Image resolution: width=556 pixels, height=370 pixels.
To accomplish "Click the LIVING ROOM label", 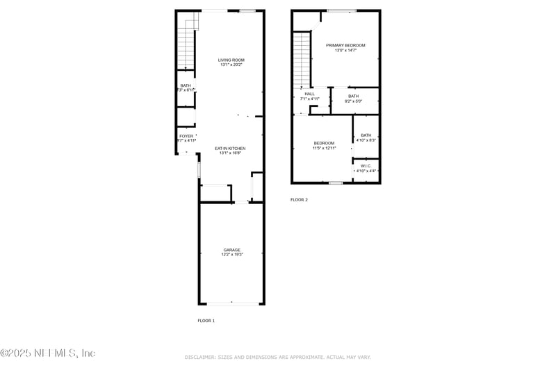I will [231, 60].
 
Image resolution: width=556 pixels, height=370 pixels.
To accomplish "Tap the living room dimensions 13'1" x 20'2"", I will [231, 65].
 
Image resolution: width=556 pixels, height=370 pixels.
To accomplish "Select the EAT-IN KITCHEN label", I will [230, 148].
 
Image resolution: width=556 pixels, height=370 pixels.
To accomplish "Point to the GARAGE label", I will [231, 249].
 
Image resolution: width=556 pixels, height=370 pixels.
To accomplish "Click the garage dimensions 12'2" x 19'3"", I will [231, 255].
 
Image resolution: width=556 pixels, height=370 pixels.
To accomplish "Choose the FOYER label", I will [186, 136].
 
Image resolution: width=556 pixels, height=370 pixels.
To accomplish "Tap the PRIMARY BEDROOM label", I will [345, 45].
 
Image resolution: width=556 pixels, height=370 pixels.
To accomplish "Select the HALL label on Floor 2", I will [309, 94].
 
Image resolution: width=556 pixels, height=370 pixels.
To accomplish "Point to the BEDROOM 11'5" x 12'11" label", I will [324, 143].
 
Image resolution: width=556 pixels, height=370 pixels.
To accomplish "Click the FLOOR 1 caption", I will [206, 321].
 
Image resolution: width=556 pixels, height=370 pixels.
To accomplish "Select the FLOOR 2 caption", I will [299, 199].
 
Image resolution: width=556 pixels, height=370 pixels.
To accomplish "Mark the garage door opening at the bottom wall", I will [231, 303].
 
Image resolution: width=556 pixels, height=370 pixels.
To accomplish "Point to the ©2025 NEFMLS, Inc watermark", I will [47, 353].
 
